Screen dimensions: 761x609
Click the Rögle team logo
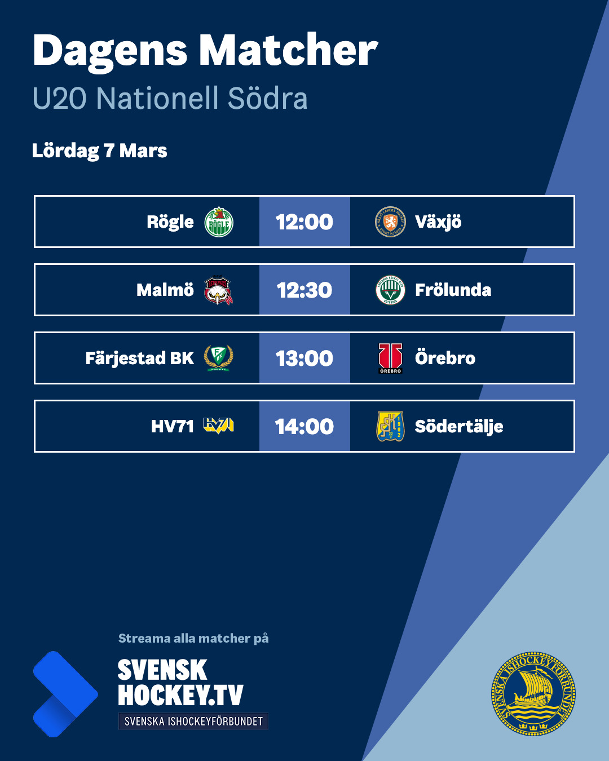219,222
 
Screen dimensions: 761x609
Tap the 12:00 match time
304,222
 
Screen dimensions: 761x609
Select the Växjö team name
438,222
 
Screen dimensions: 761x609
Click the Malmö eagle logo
218,290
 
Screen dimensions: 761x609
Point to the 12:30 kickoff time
304,290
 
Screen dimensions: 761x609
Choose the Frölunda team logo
390,290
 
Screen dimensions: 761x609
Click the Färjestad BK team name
139,359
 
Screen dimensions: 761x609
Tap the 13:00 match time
304,359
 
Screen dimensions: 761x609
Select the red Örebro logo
390,359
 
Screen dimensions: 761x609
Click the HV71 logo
219,426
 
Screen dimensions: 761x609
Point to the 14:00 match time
304,427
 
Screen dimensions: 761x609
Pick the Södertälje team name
459,427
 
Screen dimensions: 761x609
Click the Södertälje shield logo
390,426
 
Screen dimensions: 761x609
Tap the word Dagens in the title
110,51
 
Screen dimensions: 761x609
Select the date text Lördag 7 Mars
100,151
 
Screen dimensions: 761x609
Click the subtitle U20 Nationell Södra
170,98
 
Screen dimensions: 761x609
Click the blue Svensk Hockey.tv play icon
64,694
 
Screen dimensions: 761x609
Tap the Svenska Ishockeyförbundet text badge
193,722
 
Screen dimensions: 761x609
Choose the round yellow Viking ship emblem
533,694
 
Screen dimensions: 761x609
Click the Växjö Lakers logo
390,222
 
